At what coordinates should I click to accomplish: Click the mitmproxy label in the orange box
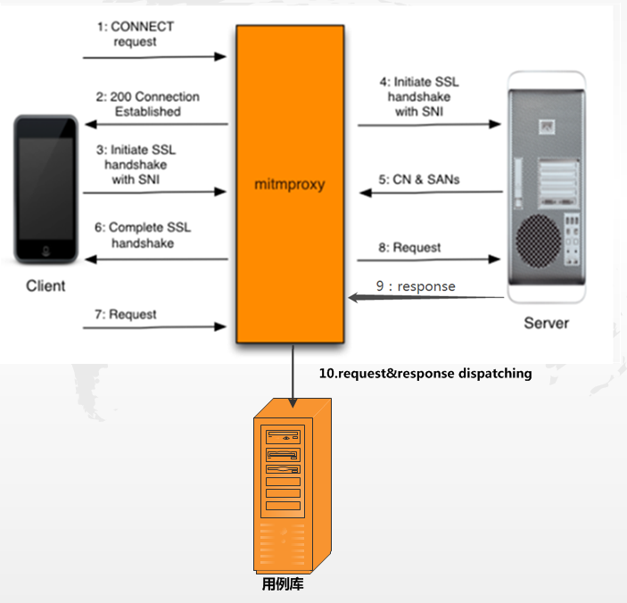pyautogui.click(x=290, y=186)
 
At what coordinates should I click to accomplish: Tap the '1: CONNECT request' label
pyautogui.click(x=136, y=34)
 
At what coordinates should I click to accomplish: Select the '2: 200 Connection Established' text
pyautogui.click(x=148, y=103)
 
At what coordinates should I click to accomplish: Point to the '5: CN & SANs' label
pyautogui.click(x=432, y=178)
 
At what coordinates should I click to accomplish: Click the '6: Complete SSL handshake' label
pyautogui.click(x=143, y=235)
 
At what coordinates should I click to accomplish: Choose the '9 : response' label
pyautogui.click(x=416, y=286)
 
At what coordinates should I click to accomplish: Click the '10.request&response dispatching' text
pyautogui.click(x=425, y=374)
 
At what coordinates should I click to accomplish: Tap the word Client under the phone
pyautogui.click(x=45, y=285)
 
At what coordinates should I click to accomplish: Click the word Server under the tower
pyautogui.click(x=546, y=322)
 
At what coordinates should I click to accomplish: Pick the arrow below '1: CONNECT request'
pyautogui.click(x=155, y=57)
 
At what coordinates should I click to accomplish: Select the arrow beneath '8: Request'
pyautogui.click(x=429, y=260)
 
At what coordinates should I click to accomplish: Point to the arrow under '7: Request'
pyautogui.click(x=155, y=327)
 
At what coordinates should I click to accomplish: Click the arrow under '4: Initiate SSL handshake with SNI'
pyautogui.click(x=429, y=125)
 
